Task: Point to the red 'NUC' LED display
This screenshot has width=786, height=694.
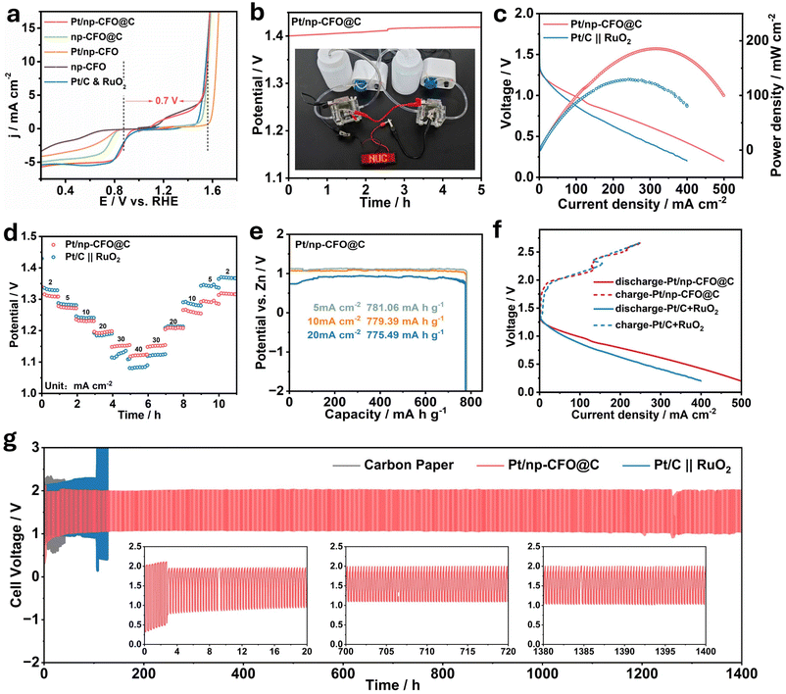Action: point(374,157)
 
